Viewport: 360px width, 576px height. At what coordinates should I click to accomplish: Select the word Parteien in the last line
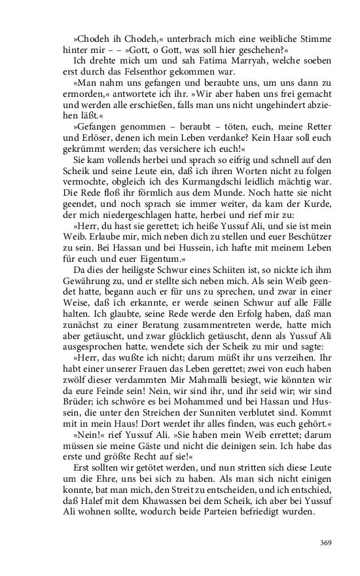236,513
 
